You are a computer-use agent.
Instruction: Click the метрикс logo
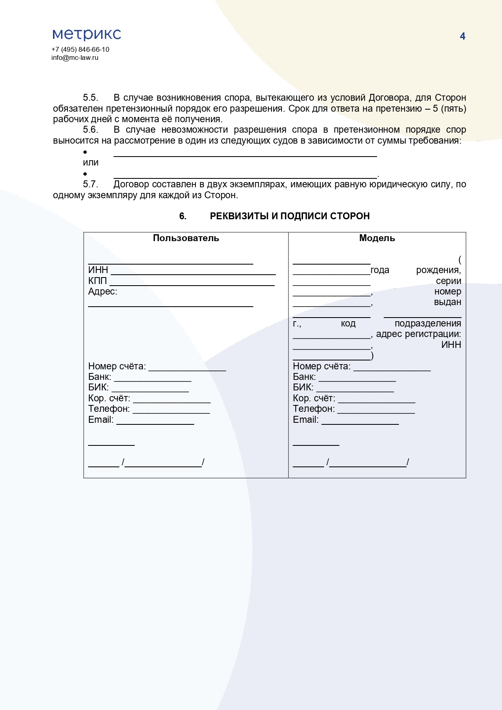click(87, 34)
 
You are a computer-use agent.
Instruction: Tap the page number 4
click(462, 36)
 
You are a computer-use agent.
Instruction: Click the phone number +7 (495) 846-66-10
click(80, 49)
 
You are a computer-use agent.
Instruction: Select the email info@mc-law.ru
click(75, 57)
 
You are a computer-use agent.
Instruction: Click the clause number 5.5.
click(91, 97)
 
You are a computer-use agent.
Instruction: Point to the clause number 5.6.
click(91, 129)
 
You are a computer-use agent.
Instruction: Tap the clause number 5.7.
click(91, 184)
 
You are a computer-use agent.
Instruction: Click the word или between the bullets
click(91, 162)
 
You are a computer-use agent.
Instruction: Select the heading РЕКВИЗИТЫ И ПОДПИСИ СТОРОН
click(290, 216)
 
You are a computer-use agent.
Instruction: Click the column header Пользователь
click(186, 238)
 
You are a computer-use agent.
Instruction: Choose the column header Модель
click(377, 238)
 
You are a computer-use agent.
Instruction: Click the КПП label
click(97, 281)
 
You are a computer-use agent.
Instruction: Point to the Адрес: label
click(102, 291)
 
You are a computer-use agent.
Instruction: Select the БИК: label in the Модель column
click(303, 387)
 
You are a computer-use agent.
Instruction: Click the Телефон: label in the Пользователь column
click(109, 409)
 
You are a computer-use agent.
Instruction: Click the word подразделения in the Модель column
click(428, 323)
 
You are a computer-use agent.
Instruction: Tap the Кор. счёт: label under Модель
click(314, 398)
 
